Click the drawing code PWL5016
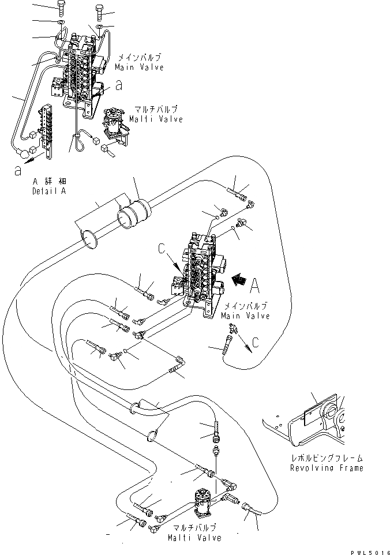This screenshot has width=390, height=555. [365, 550]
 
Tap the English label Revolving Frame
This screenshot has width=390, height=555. [327, 468]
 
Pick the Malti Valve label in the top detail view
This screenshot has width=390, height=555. [156, 119]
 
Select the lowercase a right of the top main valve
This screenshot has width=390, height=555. [119, 85]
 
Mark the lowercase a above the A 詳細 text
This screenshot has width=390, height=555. [19, 170]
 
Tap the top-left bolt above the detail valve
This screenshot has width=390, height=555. [62, 8]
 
